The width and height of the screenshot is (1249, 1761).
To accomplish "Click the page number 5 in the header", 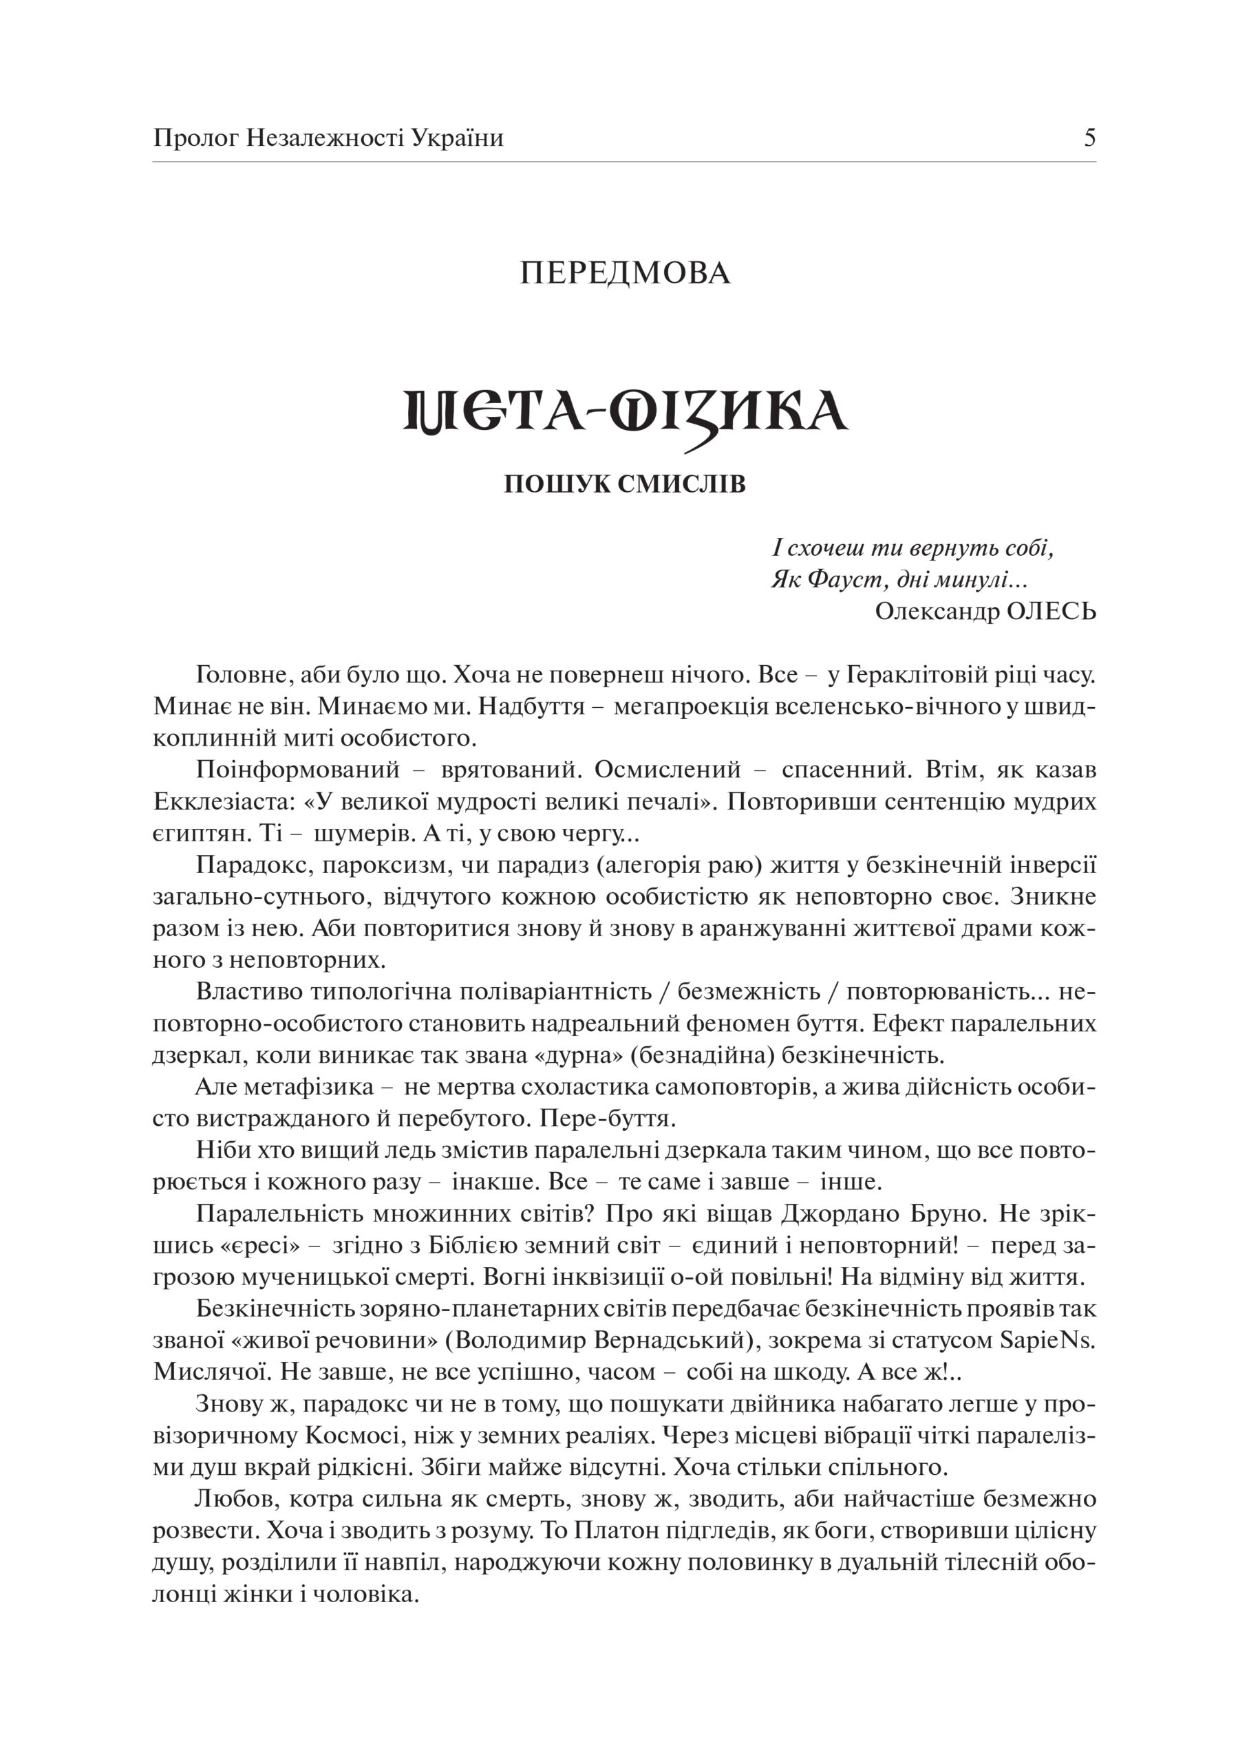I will pos(1089,138).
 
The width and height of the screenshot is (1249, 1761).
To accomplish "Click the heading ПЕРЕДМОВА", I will pos(625,274).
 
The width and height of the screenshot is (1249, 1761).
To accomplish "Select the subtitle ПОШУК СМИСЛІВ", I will pos(625,485).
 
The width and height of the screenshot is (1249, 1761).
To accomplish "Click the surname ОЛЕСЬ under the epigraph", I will pos(1051,611).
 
